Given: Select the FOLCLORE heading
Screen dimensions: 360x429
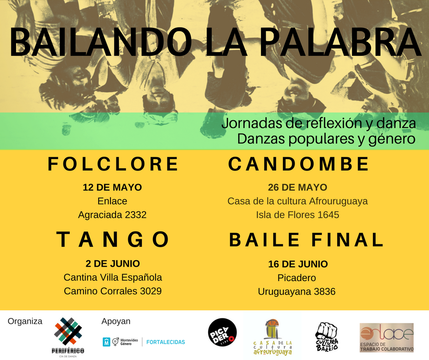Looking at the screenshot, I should [x=113, y=164].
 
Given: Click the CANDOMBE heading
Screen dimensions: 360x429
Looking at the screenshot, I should [x=298, y=164].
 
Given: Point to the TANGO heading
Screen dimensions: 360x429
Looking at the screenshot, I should [x=113, y=239].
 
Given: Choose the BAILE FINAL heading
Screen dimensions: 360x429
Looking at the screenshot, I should [x=306, y=240].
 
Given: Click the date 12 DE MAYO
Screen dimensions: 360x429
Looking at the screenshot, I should [x=112, y=187].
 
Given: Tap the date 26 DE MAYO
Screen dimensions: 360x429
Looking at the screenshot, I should [x=297, y=187].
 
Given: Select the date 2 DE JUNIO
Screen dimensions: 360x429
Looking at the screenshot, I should [x=113, y=264].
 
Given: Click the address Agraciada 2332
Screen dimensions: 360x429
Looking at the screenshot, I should [x=112, y=214].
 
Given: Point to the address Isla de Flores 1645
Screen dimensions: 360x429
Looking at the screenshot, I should [x=297, y=214].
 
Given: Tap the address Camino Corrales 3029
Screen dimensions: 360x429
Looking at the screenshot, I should [x=113, y=291].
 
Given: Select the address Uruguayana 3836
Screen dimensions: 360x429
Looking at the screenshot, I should [x=297, y=291].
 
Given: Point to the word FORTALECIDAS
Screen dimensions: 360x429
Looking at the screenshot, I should [x=166, y=342].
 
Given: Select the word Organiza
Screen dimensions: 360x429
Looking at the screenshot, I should [x=25, y=321].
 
